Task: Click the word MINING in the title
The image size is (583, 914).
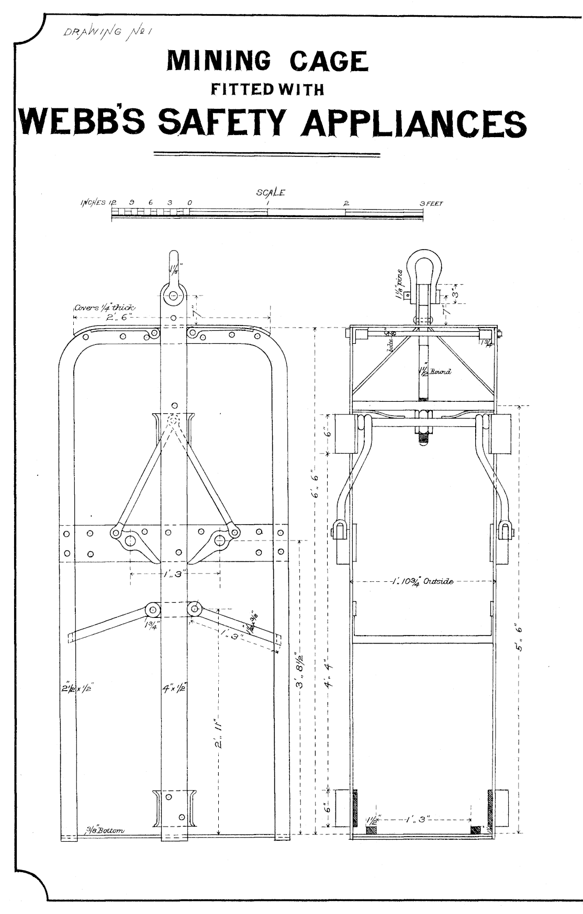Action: point(218,62)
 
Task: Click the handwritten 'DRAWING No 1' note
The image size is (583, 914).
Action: point(107,33)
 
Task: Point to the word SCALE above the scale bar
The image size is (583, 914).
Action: point(271,193)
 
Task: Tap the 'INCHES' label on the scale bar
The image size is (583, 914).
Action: point(94,203)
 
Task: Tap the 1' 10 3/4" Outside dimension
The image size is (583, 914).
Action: point(423,581)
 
